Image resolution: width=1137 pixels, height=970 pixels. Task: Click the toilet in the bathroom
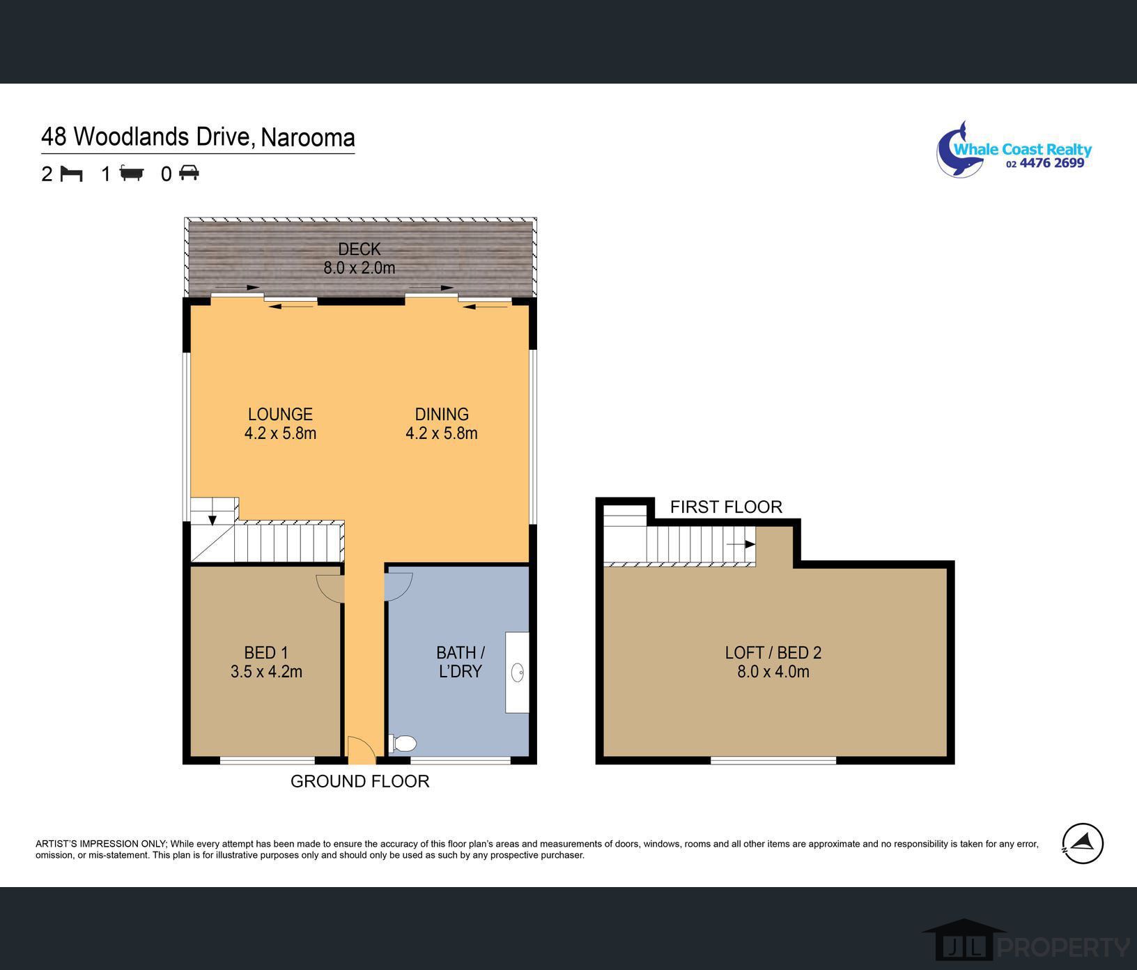coord(403,744)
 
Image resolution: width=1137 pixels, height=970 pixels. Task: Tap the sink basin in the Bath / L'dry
coord(518,672)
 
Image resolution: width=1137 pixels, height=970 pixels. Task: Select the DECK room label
coord(359,249)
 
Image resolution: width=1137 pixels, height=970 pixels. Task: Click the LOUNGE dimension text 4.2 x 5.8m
coord(280,433)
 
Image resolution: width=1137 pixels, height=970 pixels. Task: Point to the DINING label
coord(442,415)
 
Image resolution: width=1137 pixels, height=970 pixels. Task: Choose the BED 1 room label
coord(266,653)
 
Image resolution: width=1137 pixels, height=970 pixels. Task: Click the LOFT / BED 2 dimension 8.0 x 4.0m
coord(773,672)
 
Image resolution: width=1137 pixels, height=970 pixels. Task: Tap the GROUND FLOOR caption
coord(359,781)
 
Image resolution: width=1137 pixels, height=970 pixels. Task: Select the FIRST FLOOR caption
coord(726,507)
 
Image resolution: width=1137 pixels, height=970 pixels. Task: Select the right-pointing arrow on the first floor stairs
coord(741,544)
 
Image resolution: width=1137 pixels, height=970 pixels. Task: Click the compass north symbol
coord(1083,843)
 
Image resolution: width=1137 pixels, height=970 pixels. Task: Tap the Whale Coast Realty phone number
coord(1045,163)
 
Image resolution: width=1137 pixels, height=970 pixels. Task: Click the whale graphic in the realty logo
coord(959,150)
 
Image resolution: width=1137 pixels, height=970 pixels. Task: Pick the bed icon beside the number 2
coord(71,173)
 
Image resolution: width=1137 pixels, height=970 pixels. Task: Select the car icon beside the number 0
coord(189,172)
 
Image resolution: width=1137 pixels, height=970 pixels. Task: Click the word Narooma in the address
coord(308,137)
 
